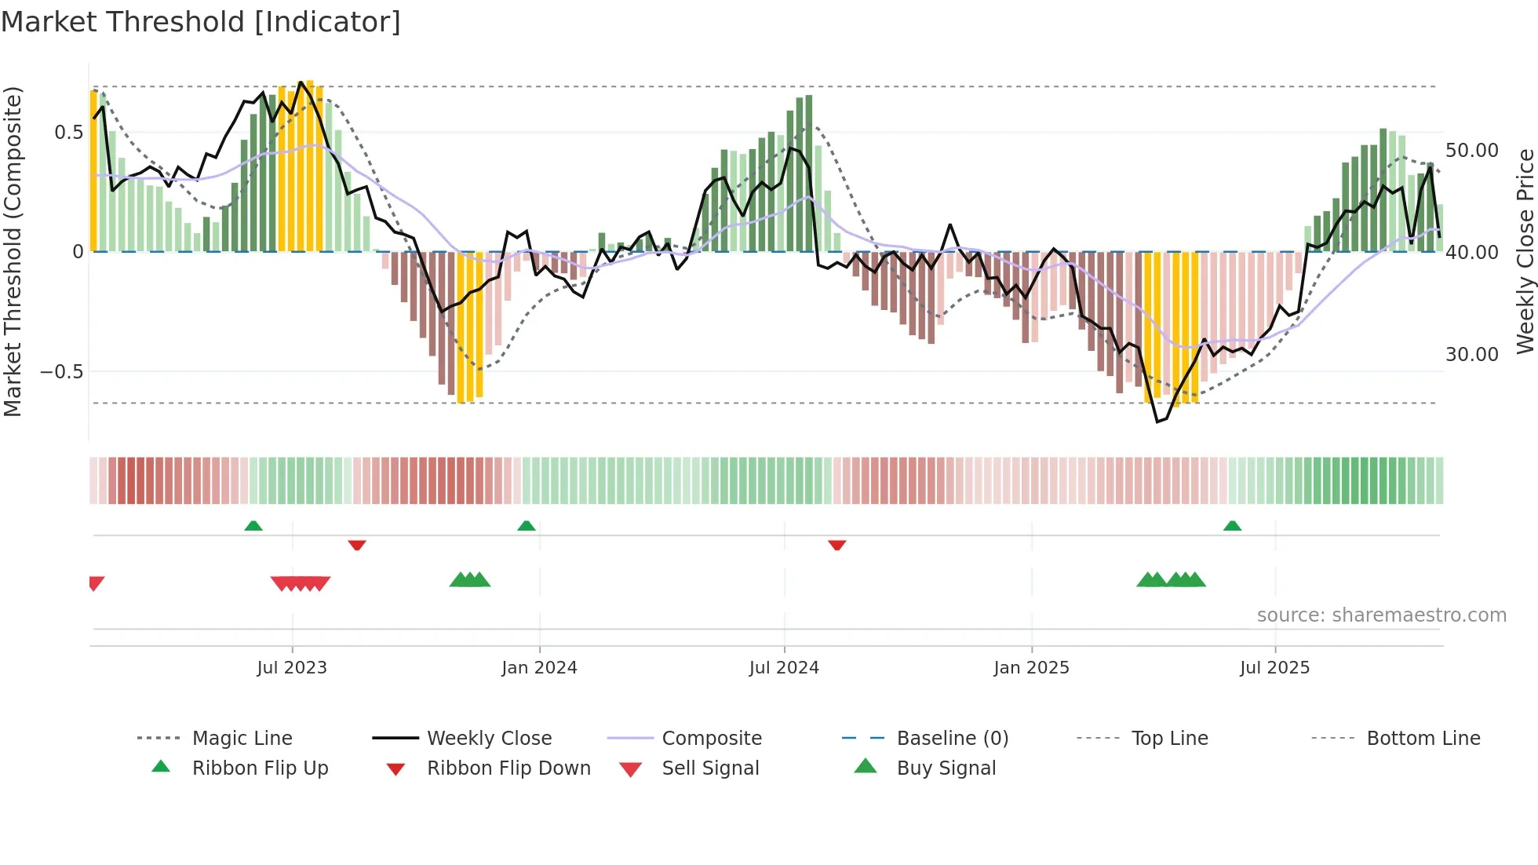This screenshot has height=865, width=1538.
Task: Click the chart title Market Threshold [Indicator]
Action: (x=201, y=22)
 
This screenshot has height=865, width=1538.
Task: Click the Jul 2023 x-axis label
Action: (x=292, y=668)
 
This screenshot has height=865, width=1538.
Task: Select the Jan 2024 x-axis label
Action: (x=539, y=668)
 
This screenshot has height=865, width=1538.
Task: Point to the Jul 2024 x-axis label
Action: (x=784, y=668)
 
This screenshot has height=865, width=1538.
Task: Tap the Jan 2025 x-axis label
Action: (x=1031, y=668)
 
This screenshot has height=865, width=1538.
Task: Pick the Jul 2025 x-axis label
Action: (x=1274, y=668)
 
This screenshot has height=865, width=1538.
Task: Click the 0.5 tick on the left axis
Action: (x=68, y=133)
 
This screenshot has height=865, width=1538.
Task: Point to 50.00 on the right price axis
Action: (x=1471, y=151)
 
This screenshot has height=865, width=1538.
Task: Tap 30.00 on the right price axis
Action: (x=1471, y=355)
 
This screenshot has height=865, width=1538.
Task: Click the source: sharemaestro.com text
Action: (x=1381, y=615)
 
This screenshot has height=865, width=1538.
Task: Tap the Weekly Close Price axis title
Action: (x=1525, y=251)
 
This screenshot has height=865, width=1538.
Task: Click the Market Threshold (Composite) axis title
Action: (x=13, y=251)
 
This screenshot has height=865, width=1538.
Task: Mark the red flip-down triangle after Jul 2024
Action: (x=836, y=545)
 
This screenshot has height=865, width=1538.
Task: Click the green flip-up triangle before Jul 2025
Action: (x=1232, y=526)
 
